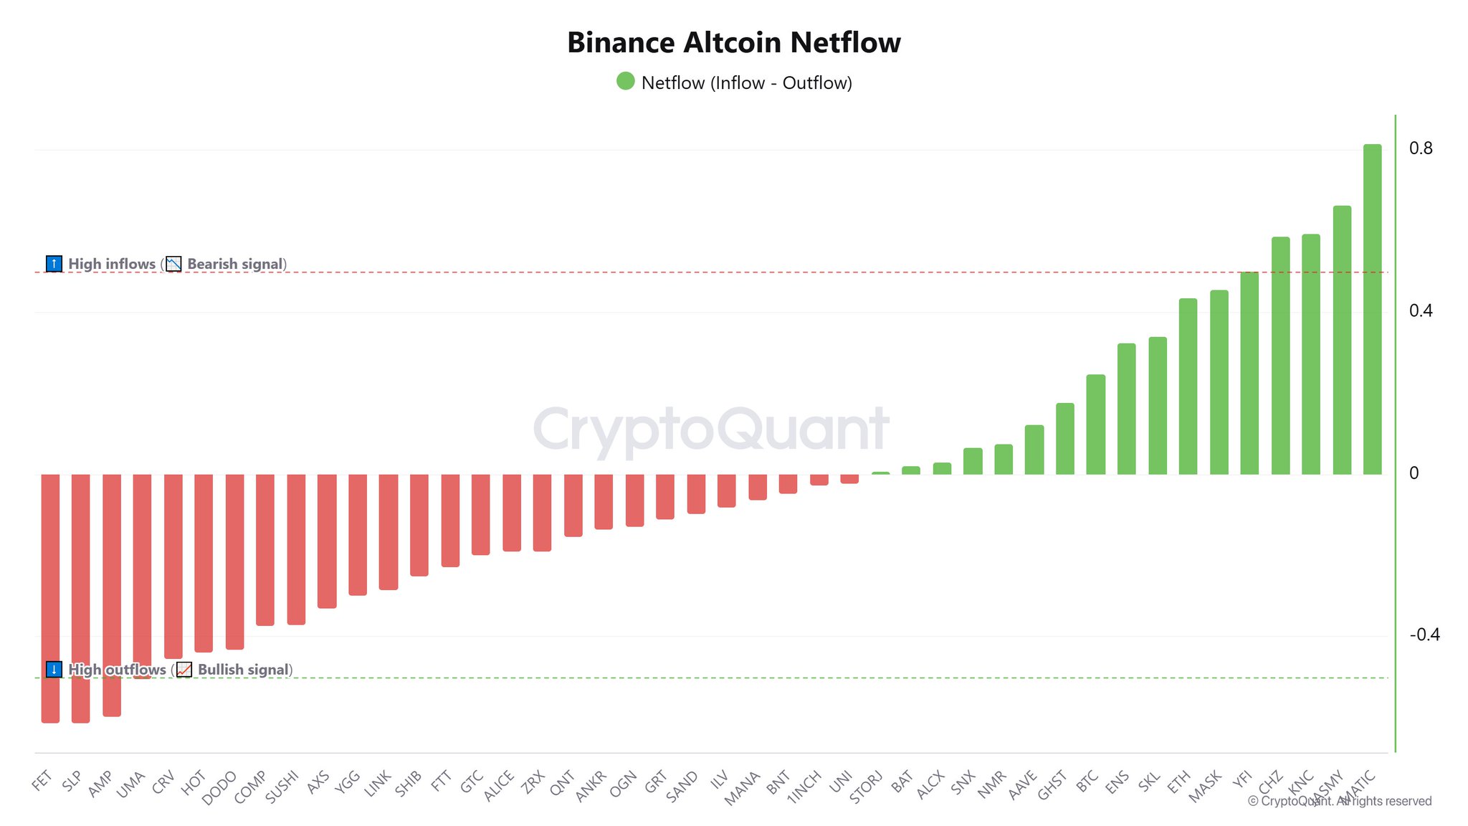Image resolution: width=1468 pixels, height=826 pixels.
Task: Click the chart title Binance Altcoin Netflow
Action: [x=733, y=43]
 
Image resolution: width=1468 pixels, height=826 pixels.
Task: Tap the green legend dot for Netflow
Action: [x=625, y=81]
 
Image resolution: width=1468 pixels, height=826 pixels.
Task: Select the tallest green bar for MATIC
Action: [x=1372, y=309]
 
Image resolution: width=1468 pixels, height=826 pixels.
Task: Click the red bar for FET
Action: [x=50, y=598]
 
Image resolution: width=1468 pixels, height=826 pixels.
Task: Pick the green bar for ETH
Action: [x=1188, y=386]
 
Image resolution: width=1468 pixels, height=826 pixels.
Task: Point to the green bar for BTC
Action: [x=1095, y=424]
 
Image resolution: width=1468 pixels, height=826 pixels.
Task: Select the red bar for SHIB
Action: [x=419, y=525]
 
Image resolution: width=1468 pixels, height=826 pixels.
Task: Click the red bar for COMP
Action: [x=265, y=550]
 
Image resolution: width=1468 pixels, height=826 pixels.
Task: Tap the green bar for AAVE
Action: [x=1034, y=450]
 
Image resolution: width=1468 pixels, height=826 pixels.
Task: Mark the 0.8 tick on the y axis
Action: [x=1421, y=148]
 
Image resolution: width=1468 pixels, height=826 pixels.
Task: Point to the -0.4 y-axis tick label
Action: [x=1424, y=635]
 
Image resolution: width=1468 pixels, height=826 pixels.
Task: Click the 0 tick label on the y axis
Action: [x=1414, y=473]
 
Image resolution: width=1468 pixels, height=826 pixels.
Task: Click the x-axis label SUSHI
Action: [x=282, y=787]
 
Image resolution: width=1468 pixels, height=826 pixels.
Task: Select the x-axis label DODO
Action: [x=219, y=788]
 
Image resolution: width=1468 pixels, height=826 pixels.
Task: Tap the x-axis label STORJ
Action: [x=866, y=787]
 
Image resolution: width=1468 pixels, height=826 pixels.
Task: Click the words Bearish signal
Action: [x=234, y=264]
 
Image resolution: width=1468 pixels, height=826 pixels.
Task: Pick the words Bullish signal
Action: [x=244, y=670]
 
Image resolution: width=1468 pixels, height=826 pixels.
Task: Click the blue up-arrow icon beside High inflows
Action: [x=54, y=264]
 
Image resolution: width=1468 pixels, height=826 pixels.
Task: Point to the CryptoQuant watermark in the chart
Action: [x=711, y=429]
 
